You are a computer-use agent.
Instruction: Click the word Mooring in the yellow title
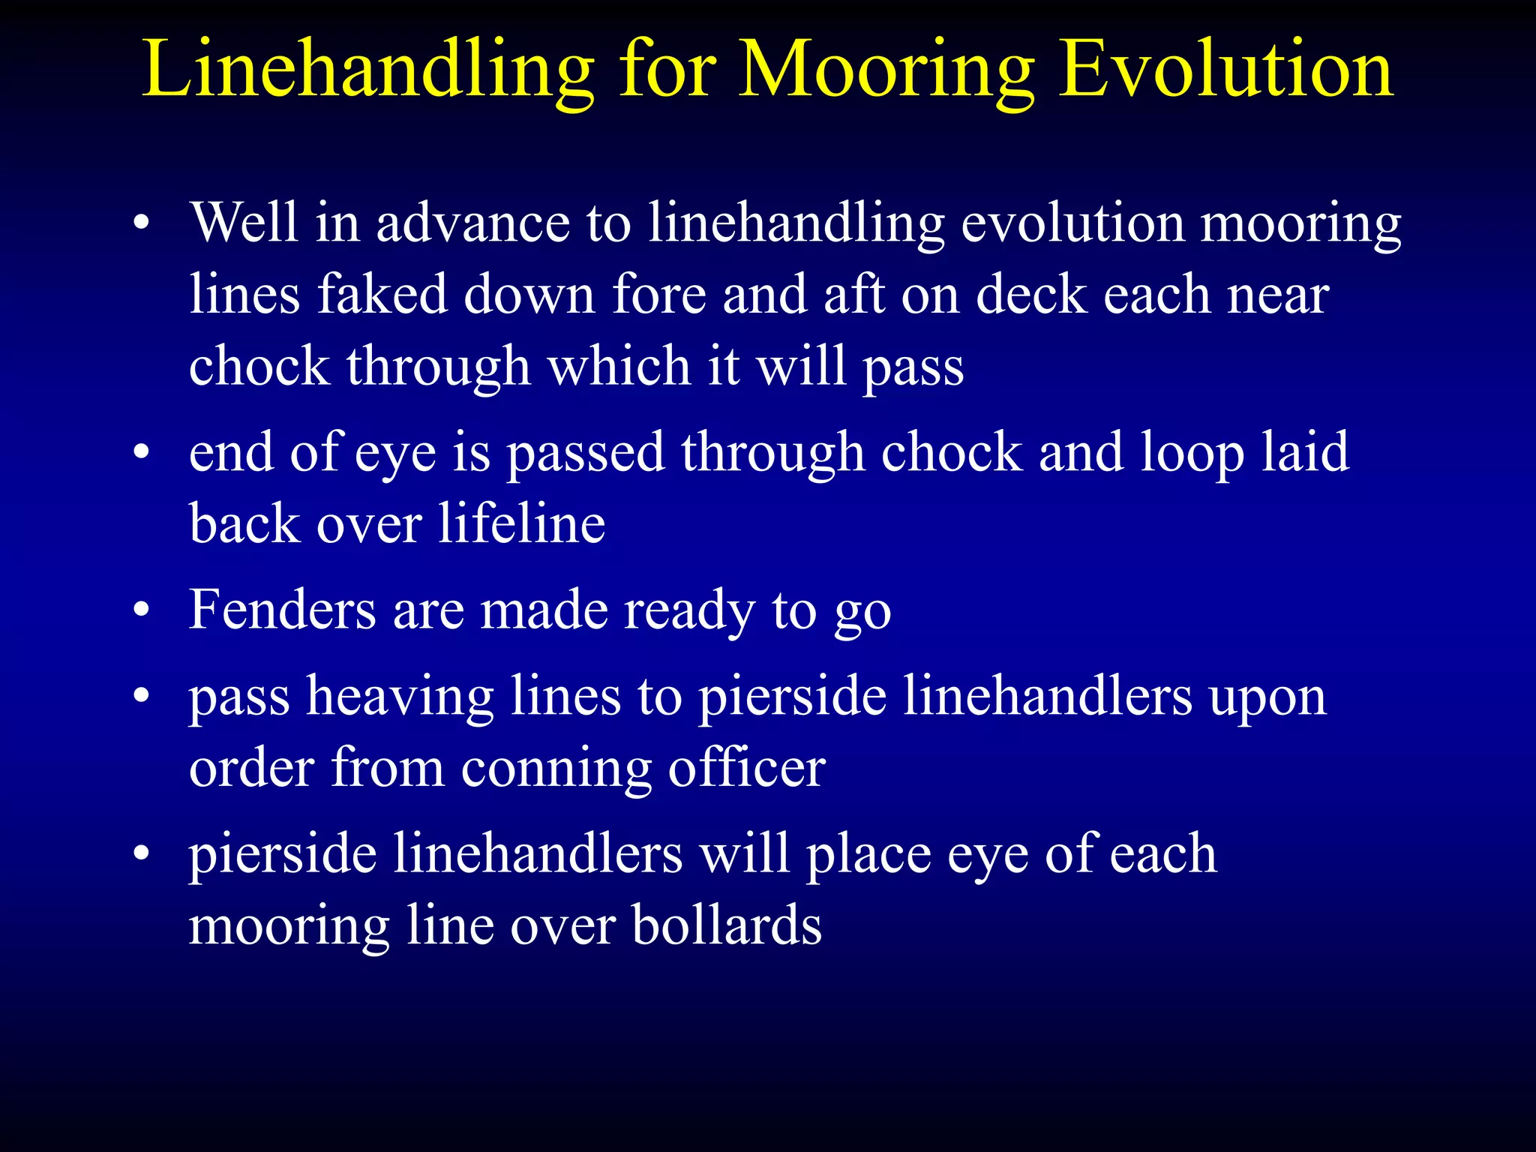tap(886, 71)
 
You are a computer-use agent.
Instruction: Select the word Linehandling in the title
tap(367, 71)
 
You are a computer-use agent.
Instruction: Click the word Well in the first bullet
tap(244, 223)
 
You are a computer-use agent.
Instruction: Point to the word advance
tap(472, 223)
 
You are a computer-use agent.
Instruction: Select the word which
tap(619, 366)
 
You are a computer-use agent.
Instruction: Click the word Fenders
tap(282, 609)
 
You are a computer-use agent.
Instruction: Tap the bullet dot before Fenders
tap(142, 610)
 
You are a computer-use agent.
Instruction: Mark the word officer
tap(746, 768)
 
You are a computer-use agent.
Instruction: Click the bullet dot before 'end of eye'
tap(142, 453)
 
